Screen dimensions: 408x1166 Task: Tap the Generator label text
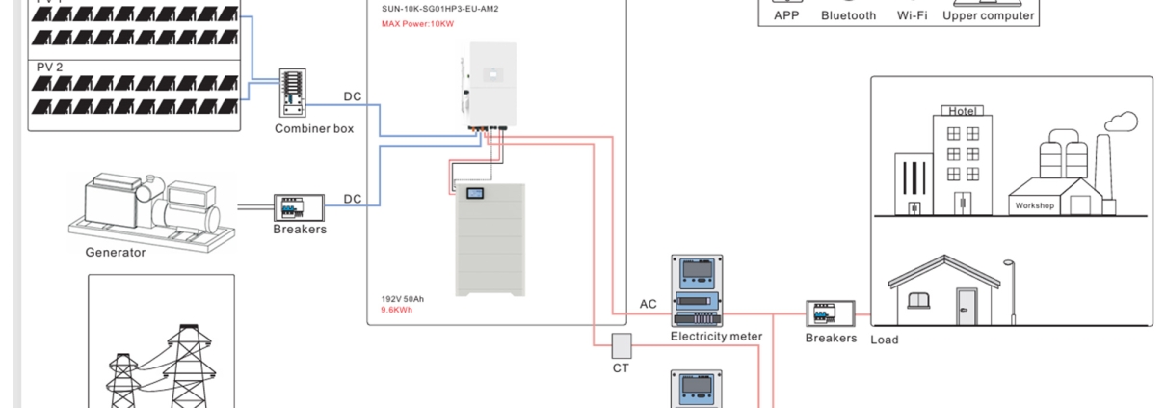pos(116,253)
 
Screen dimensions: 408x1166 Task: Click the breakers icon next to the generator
pos(300,207)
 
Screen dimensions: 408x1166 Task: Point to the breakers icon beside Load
pos(831,315)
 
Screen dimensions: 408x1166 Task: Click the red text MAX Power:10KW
pos(417,23)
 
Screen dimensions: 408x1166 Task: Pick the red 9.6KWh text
pos(397,311)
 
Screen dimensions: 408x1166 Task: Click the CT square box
pos(621,345)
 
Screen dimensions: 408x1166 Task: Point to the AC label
pos(649,305)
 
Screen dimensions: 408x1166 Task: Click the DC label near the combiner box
pos(353,96)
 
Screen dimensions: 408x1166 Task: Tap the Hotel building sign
pos(963,111)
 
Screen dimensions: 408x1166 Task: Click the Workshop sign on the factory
pos(1034,205)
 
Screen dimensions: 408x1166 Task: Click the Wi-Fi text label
pos(911,15)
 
